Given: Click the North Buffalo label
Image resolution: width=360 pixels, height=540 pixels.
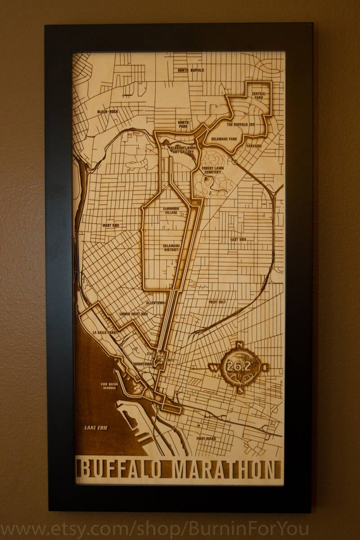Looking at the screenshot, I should (x=190, y=70).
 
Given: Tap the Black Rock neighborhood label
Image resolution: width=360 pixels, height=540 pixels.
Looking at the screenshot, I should (x=107, y=112).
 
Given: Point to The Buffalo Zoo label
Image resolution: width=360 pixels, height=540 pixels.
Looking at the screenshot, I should (x=241, y=124).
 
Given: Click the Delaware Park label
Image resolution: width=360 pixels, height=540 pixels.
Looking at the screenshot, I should (x=224, y=139).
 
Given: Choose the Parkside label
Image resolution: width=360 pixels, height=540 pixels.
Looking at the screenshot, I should (x=254, y=146).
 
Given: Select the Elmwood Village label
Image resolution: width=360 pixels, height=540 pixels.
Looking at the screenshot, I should (x=164, y=211).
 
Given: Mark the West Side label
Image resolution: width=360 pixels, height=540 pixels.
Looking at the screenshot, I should (x=111, y=225).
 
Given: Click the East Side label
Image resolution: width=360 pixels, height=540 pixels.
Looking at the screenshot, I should (x=238, y=239).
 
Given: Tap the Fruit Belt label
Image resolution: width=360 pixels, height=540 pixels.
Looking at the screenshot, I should (x=217, y=302).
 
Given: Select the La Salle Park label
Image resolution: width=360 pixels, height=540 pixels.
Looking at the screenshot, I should (x=104, y=332).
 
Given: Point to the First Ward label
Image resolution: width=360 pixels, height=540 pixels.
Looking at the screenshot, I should (x=206, y=438).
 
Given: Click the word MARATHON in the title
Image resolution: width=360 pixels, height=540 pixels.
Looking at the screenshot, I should (x=224, y=469).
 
